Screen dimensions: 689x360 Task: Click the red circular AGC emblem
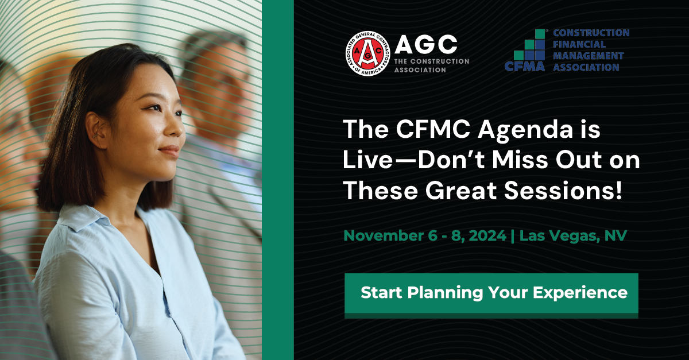(x=368, y=54)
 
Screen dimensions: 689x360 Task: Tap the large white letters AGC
(x=426, y=44)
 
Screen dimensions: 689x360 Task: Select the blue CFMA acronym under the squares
(x=525, y=67)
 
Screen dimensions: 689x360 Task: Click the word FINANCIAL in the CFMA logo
(x=579, y=44)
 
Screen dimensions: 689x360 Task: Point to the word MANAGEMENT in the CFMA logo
(x=589, y=56)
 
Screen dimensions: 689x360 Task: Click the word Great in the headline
(x=461, y=191)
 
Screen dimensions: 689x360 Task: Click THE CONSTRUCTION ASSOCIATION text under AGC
(x=432, y=65)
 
